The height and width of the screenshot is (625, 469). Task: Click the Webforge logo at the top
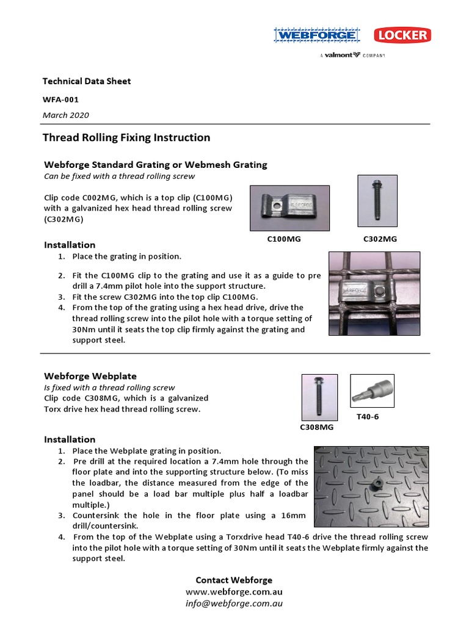pyautogui.click(x=316, y=36)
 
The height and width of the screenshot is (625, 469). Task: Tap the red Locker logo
pyautogui.click(x=401, y=35)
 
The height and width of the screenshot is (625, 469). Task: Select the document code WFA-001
pyautogui.click(x=60, y=99)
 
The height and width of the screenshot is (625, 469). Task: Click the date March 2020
pyautogui.click(x=65, y=115)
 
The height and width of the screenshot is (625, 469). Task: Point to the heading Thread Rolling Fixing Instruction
pyautogui.click(x=126, y=138)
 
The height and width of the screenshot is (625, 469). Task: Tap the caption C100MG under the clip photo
pyautogui.click(x=284, y=239)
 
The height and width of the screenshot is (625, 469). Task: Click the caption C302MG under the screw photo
pyautogui.click(x=380, y=239)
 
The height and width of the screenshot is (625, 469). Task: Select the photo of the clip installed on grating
pyautogui.click(x=374, y=294)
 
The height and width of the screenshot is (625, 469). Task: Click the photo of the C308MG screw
pyautogui.click(x=319, y=398)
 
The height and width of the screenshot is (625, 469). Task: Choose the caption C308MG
pyautogui.click(x=316, y=428)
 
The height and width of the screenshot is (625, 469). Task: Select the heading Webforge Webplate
pyautogui.click(x=90, y=376)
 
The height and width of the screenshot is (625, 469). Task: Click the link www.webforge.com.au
pyautogui.click(x=234, y=592)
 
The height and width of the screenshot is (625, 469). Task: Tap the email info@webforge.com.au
pyautogui.click(x=234, y=604)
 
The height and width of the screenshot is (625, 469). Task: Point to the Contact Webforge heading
pyautogui.click(x=234, y=580)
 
